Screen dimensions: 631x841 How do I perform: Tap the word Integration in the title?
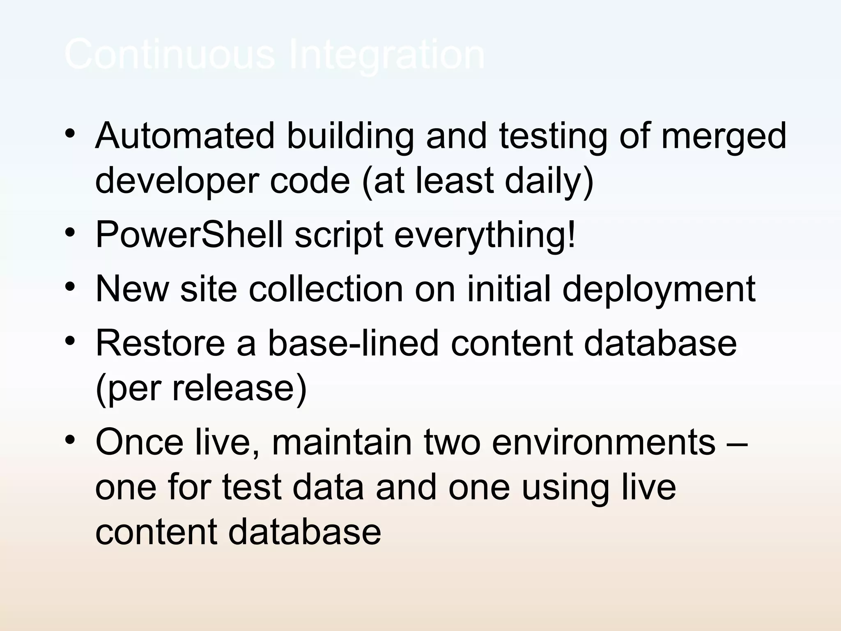click(387, 55)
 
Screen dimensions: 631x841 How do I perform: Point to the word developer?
click(177, 182)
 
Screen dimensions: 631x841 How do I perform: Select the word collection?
click(326, 288)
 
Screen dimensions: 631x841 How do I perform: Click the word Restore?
click(160, 343)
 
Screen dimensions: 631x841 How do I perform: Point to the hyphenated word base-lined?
click(354, 343)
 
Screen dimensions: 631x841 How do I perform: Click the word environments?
click(604, 442)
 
